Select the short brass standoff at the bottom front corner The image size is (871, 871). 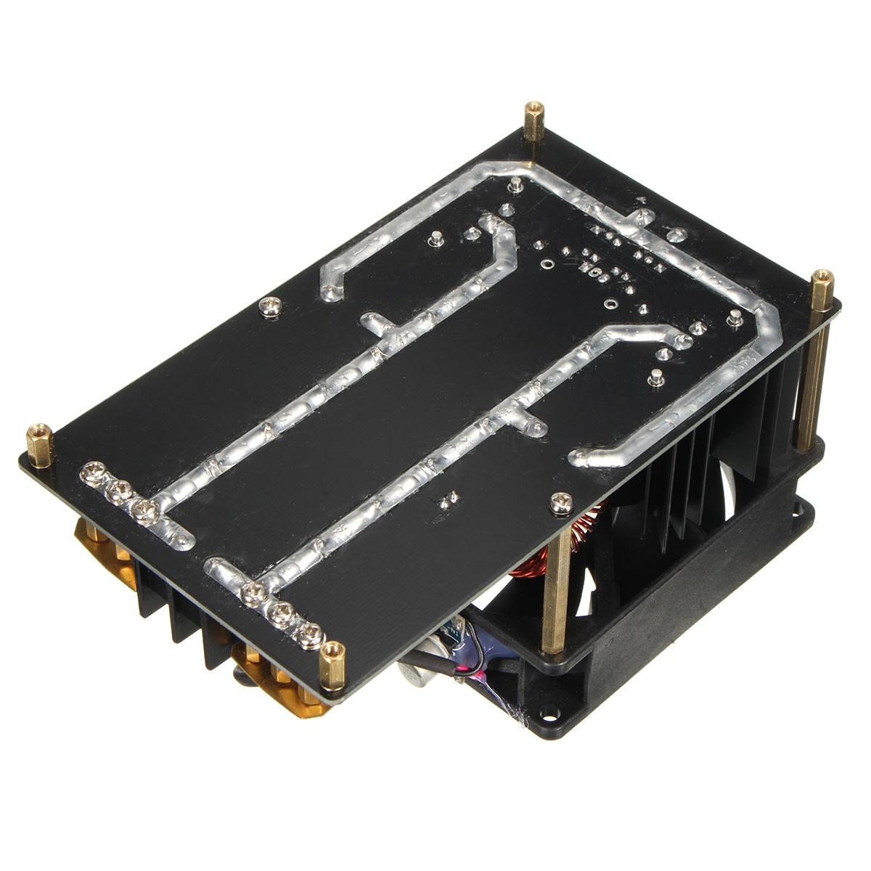332,664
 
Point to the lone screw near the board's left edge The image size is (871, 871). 271,308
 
